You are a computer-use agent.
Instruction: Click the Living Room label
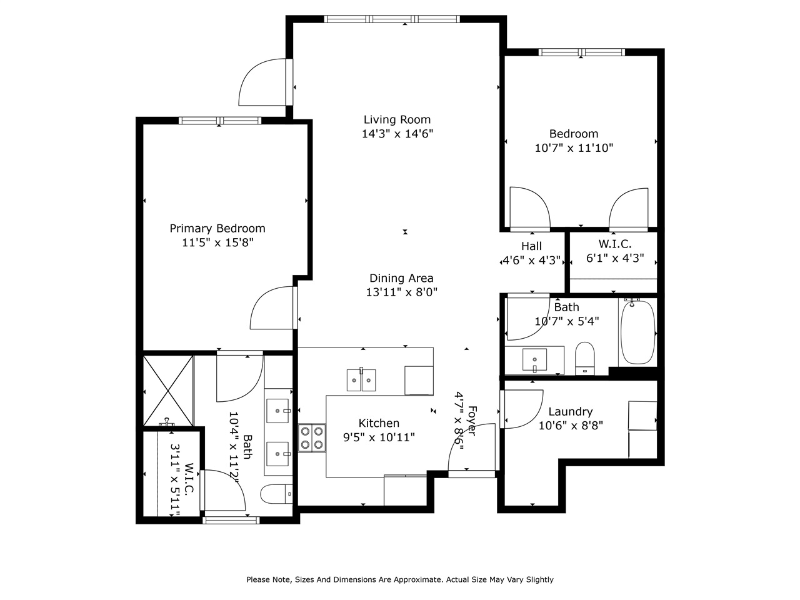pos(397,119)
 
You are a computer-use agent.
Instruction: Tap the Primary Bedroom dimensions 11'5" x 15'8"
pos(217,243)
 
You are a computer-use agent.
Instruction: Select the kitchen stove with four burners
pos(311,437)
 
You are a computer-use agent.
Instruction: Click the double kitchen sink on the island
pos(361,379)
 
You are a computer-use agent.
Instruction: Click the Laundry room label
pos(570,411)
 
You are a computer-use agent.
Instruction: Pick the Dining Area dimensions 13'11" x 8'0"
pos(401,292)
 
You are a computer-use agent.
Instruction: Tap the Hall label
pos(531,246)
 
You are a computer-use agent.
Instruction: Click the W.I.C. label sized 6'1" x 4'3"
pos(615,244)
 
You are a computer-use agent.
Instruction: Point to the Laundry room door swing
pos(524,409)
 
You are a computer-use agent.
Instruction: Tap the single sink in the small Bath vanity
pos(534,359)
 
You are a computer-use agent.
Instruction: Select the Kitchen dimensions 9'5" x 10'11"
pos(379,437)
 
